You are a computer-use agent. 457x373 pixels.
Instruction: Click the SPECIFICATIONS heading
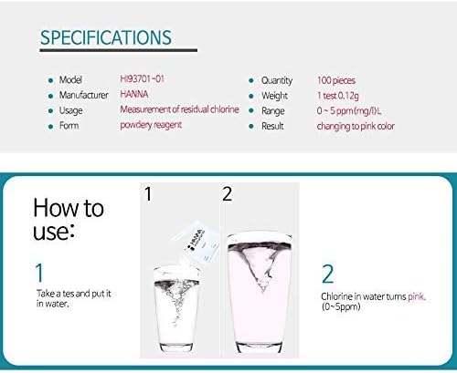[x=106, y=37]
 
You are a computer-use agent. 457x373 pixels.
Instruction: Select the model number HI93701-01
[x=142, y=79]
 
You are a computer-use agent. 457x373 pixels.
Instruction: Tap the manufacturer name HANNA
[x=134, y=94]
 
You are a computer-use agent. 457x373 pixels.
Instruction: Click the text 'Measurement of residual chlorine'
[x=179, y=109]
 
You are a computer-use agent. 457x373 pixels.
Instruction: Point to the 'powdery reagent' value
[x=151, y=125]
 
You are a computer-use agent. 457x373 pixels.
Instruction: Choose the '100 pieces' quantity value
[x=336, y=80]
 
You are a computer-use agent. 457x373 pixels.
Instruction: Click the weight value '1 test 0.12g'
[x=337, y=96]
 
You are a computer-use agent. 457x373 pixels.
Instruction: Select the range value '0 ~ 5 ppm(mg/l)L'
[x=349, y=111]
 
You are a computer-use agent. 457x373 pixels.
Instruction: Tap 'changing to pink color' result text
[x=356, y=126]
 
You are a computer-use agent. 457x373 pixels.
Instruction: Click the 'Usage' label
[x=70, y=110]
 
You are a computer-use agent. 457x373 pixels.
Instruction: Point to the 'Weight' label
[x=274, y=96]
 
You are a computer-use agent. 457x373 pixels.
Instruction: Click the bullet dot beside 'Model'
[x=50, y=80]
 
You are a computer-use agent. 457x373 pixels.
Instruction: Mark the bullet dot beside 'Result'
[x=251, y=126]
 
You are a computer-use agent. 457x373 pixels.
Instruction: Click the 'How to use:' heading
[x=69, y=220]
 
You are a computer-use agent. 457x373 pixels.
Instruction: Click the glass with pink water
[x=260, y=294]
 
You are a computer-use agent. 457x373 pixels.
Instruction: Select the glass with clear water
[x=176, y=308]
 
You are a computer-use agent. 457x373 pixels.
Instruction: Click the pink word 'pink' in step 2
[x=416, y=296]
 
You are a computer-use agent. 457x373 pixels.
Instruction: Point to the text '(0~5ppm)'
[x=341, y=306]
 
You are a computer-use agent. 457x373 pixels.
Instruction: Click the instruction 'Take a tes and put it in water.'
[x=74, y=298]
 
